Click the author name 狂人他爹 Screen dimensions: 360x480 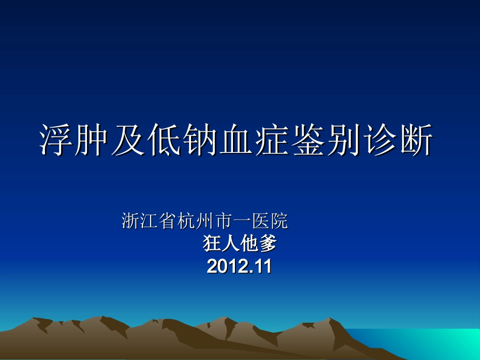point(240,244)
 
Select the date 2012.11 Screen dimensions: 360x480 point(239,266)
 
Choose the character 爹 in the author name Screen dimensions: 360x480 point(268,244)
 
